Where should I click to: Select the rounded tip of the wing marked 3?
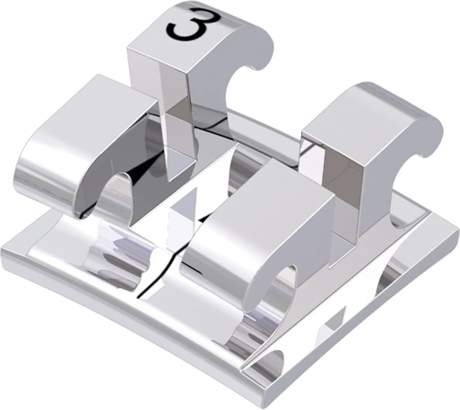260,44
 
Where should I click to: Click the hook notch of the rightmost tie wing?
414,172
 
